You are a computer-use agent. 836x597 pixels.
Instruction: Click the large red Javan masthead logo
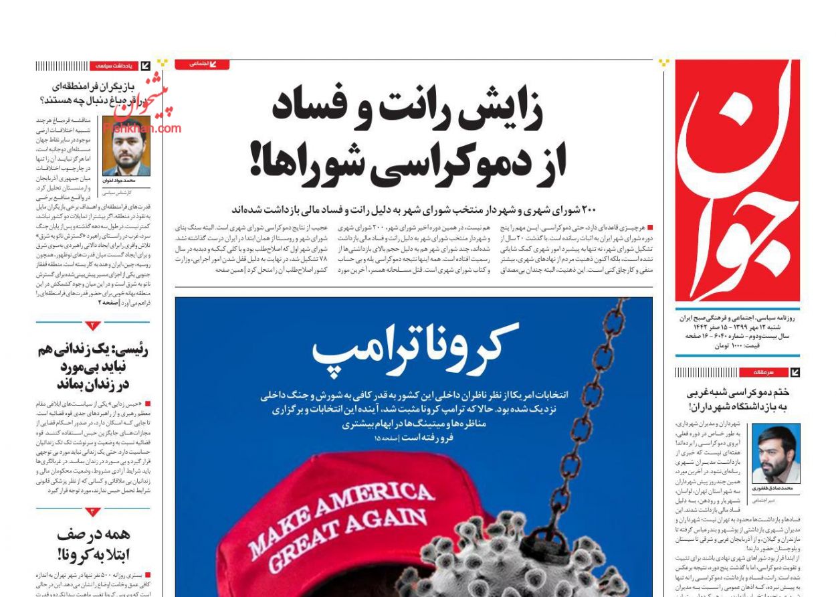click(x=736, y=181)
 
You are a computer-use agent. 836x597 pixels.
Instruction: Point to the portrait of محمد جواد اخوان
click(x=126, y=146)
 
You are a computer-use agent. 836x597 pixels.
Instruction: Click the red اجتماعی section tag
click(x=201, y=64)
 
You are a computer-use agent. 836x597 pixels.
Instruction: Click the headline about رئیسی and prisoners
click(x=93, y=366)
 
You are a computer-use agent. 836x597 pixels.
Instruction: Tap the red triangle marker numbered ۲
click(x=93, y=326)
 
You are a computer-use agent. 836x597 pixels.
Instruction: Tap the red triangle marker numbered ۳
click(x=93, y=511)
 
